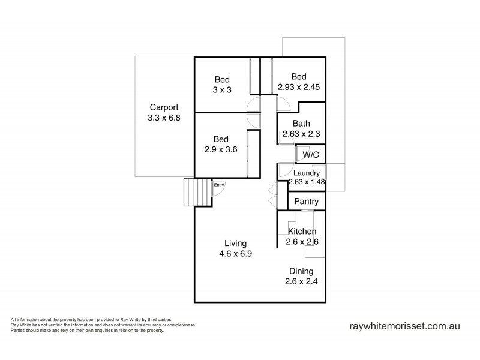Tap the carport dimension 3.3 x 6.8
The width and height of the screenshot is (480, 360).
tap(164, 118)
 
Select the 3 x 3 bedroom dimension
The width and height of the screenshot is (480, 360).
tap(222, 90)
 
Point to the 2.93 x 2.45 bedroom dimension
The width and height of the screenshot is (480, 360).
tap(299, 87)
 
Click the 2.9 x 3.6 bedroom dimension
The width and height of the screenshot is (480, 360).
tap(222, 150)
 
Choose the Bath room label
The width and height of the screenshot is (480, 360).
tap(301, 124)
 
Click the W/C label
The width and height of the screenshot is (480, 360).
tap(311, 154)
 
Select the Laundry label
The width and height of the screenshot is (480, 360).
tap(306, 173)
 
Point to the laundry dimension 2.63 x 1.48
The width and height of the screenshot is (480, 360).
tap(306, 182)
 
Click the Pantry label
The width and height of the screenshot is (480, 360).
tap(306, 202)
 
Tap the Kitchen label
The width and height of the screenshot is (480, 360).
tap(302, 232)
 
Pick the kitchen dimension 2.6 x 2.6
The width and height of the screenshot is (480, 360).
tap(302, 242)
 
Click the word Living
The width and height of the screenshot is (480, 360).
tap(236, 243)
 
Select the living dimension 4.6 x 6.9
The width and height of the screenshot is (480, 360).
tap(236, 254)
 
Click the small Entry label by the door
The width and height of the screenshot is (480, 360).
tap(220, 185)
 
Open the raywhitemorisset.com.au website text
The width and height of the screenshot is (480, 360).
tap(404, 326)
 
